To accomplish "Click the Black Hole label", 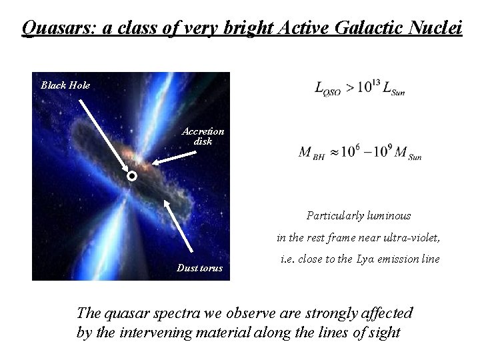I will [x=65, y=85].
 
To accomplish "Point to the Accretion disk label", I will [x=203, y=136].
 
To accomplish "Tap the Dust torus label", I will [x=199, y=268].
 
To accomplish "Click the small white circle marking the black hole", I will [x=132, y=177].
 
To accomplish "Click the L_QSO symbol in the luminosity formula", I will [x=327, y=90].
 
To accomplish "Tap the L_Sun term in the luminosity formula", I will [x=394, y=90].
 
